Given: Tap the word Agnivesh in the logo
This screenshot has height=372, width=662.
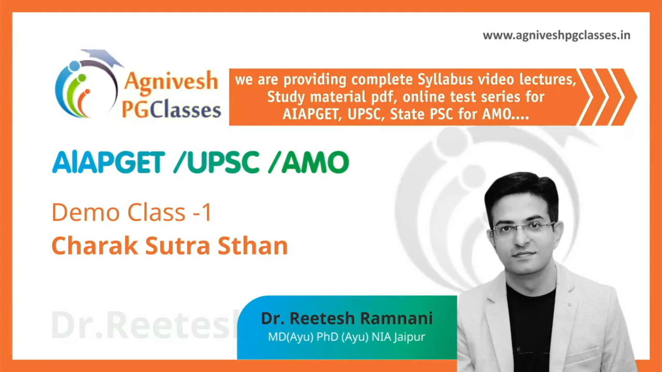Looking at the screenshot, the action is click(x=171, y=82).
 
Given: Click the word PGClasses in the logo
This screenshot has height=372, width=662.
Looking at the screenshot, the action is click(x=171, y=110).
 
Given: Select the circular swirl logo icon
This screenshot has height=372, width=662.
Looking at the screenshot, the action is click(x=86, y=89).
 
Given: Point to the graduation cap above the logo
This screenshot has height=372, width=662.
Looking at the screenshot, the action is click(x=102, y=57).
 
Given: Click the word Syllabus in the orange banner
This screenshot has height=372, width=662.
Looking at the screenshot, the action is click(x=445, y=80).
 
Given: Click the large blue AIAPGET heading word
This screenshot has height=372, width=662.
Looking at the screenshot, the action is click(x=109, y=162).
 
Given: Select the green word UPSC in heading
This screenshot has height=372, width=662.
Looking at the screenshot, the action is click(x=223, y=162).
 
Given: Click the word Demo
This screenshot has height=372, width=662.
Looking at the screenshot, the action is click(x=86, y=212).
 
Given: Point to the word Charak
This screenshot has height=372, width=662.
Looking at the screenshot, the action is click(x=95, y=246).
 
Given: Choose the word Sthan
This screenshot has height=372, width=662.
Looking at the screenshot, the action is click(x=253, y=246).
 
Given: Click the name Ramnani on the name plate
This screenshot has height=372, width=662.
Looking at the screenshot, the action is click(x=397, y=318).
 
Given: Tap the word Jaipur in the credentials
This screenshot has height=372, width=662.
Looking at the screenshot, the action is click(x=409, y=337).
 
